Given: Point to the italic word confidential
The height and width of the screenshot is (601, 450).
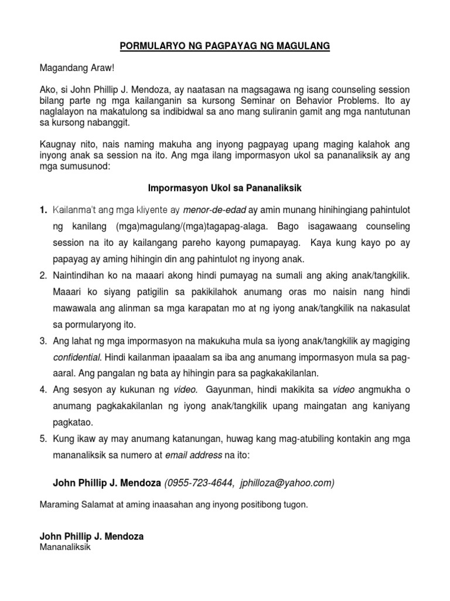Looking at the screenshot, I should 75,356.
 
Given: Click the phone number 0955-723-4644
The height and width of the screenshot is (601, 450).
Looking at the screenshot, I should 199,482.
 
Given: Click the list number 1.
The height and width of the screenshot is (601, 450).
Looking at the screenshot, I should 43,210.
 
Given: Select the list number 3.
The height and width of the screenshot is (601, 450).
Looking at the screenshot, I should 43,340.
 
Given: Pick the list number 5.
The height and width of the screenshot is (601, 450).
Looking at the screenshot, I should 43,438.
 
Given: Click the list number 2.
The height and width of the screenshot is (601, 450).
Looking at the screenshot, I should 43,275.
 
